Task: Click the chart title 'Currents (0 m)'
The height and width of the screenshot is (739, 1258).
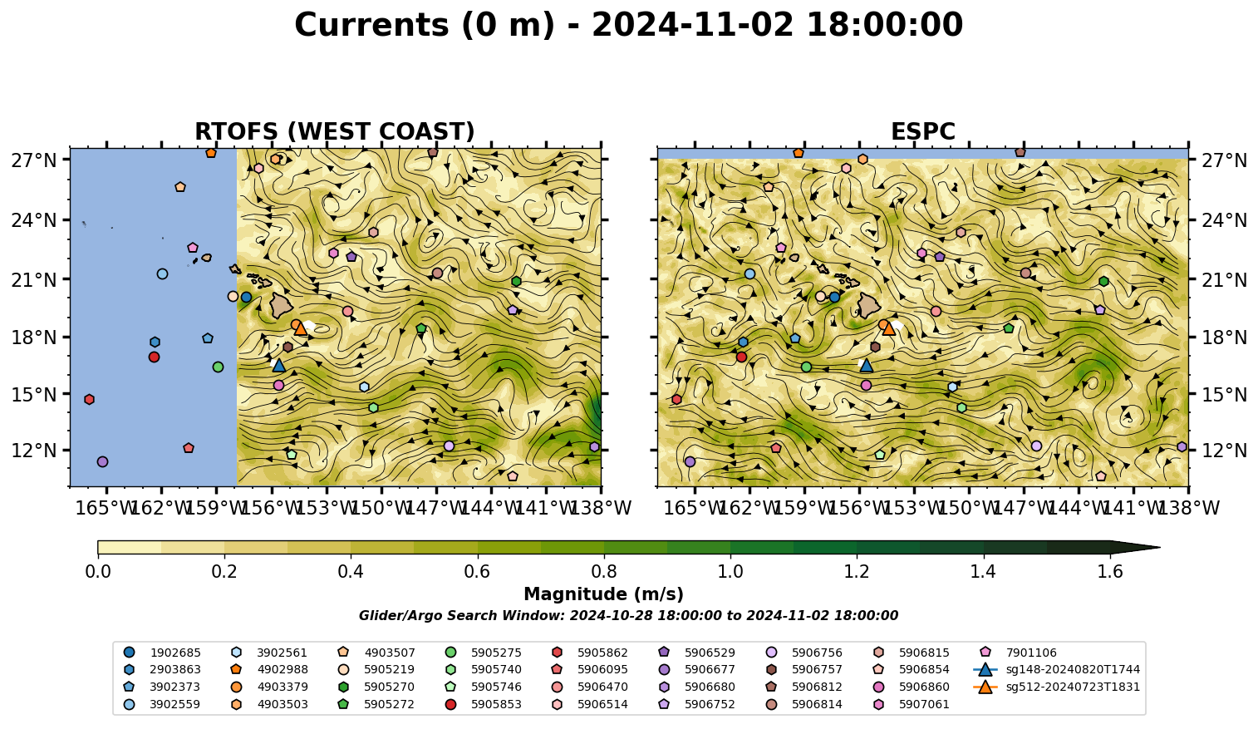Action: [x=425, y=26]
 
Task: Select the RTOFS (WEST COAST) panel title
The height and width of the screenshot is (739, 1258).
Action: [x=335, y=131]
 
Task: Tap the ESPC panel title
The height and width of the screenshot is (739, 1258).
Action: [x=922, y=131]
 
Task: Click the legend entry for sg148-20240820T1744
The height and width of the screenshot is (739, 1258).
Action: [x=1056, y=669]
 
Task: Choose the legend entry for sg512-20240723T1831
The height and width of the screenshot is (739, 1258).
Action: [x=1056, y=687]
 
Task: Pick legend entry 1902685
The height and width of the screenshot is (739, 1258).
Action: [x=162, y=653]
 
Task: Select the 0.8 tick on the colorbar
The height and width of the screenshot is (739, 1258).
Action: [x=604, y=572]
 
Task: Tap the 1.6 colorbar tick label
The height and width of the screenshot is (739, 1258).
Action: [x=1110, y=572]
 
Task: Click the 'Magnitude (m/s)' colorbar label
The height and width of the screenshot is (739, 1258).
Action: [x=604, y=594]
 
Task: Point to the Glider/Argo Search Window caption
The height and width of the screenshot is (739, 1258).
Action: [x=628, y=615]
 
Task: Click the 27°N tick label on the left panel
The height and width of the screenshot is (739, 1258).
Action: [x=34, y=160]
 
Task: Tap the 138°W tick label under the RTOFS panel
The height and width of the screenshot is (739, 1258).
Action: [x=601, y=508]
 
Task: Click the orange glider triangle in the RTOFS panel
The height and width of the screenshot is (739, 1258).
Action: [x=301, y=328]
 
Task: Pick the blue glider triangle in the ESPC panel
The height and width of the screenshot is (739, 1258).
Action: [x=867, y=366]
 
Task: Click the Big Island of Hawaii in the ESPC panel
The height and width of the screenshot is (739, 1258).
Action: [x=869, y=305]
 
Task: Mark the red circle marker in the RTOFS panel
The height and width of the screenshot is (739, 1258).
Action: [x=154, y=357]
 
